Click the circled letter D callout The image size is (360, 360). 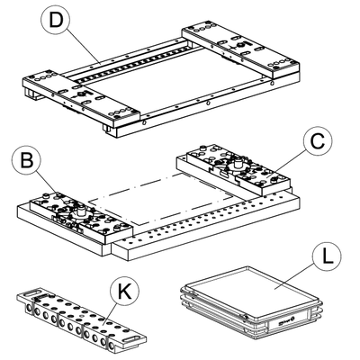[x=55, y=21]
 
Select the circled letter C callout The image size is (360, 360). [x=318, y=141]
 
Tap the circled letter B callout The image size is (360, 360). [x=27, y=160]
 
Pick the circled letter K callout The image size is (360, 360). [x=124, y=291]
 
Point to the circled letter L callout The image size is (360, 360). [x=327, y=256]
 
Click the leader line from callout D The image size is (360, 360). [x=82, y=47]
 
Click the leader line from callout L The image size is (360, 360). [x=294, y=276]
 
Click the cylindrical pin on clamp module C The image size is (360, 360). [x=238, y=164]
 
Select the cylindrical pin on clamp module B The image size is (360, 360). [x=80, y=211]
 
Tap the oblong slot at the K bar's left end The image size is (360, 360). [x=33, y=292]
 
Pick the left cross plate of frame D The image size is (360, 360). [x=81, y=97]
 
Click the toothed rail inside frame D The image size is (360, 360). [x=131, y=64]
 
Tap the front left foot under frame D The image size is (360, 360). [x=108, y=130]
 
